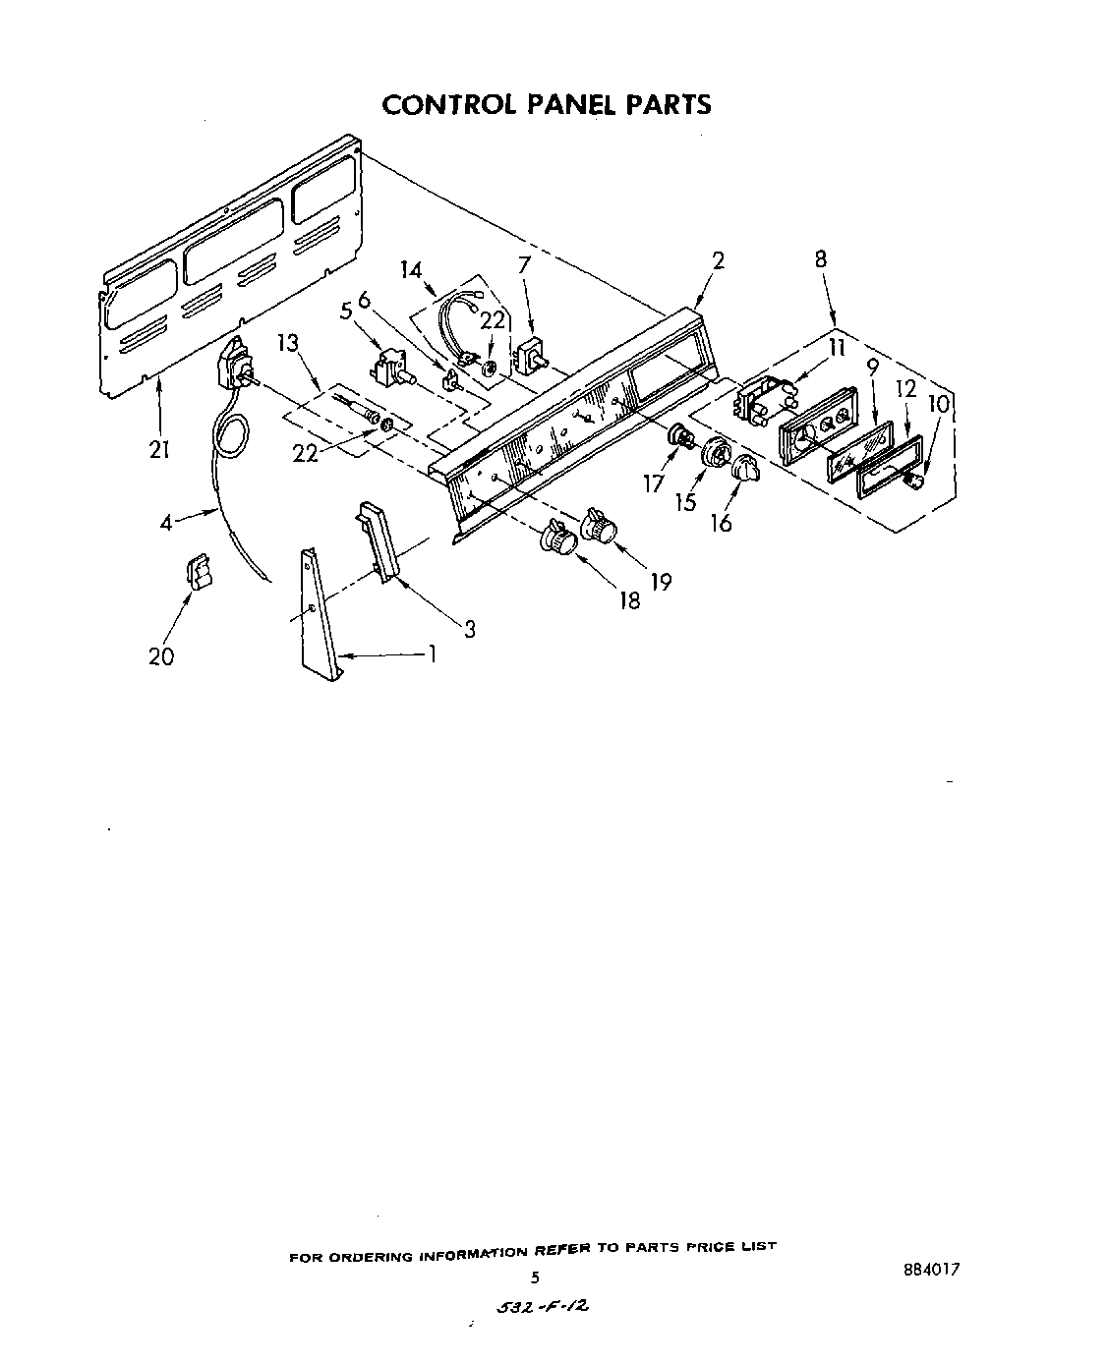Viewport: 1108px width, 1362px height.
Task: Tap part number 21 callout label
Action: pyautogui.click(x=159, y=450)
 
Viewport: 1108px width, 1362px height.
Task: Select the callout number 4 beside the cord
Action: pyautogui.click(x=166, y=523)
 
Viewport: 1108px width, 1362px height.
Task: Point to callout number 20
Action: pyautogui.click(x=160, y=655)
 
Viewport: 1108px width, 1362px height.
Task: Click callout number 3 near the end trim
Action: pyautogui.click(x=470, y=629)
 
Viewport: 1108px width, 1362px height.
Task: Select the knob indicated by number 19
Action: pyautogui.click(x=598, y=525)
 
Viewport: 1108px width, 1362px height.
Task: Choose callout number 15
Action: pyautogui.click(x=685, y=502)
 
